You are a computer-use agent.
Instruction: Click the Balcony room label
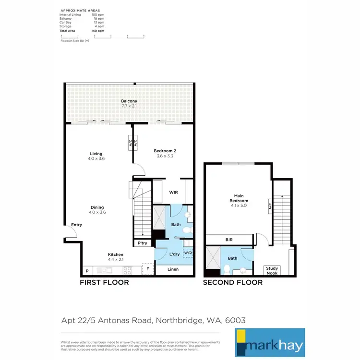point(129,101)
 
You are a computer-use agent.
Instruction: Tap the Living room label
point(96,154)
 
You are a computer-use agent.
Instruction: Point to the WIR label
point(174,192)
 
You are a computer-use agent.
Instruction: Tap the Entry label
point(76,225)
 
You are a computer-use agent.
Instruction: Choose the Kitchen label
point(116,255)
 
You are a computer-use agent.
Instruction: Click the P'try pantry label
point(143,243)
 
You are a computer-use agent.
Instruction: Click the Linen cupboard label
point(173,269)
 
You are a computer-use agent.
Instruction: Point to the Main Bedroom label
point(239,197)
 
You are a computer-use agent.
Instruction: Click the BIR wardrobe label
point(229,239)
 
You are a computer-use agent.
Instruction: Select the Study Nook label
point(272,270)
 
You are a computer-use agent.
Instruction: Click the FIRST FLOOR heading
point(104,282)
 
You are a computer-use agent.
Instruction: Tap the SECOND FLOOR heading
point(233,282)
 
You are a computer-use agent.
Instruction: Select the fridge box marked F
point(148,269)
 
